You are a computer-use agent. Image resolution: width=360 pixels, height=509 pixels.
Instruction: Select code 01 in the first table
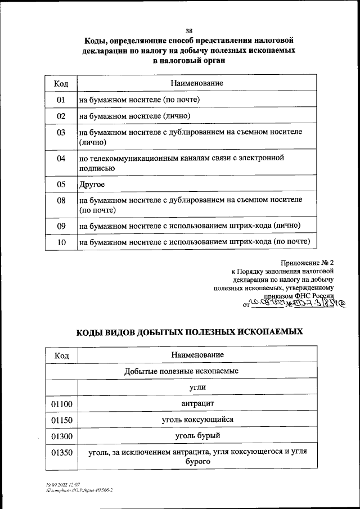(61, 100)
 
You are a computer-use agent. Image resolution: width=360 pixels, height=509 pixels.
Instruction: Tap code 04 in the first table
(61, 159)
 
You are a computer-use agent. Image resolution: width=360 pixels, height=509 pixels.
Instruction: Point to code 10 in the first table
(61, 242)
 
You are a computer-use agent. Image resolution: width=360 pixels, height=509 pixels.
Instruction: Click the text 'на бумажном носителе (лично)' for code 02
(136, 116)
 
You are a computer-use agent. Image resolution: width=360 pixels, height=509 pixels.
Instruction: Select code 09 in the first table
(61, 226)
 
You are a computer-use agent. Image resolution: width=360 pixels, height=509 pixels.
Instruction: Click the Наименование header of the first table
(196, 83)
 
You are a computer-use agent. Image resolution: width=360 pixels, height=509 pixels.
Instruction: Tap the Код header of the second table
(61, 355)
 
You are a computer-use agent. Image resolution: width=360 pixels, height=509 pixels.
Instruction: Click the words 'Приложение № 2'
(308, 263)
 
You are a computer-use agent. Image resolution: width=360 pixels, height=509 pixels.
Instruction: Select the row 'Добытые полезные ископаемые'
(181, 372)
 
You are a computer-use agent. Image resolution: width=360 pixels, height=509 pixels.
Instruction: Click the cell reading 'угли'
(197, 388)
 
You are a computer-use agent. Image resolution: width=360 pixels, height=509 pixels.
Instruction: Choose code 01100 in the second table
(61, 404)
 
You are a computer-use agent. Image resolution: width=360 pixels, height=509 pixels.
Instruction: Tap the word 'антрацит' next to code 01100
(197, 404)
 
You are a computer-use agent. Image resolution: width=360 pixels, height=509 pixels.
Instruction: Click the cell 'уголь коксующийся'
(197, 420)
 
